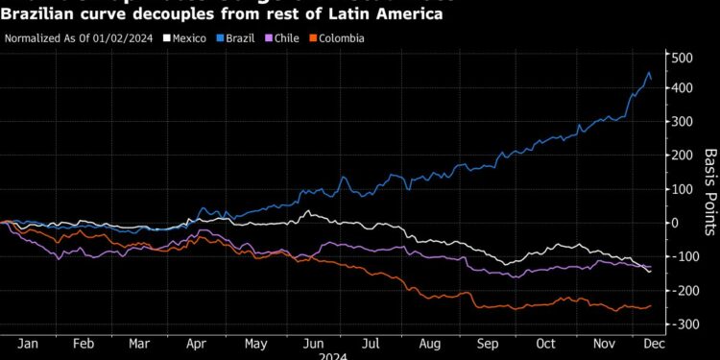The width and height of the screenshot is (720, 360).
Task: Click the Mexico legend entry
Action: (x=188, y=38)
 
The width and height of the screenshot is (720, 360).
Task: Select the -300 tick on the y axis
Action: (x=683, y=324)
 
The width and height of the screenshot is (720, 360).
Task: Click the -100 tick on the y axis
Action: (x=683, y=256)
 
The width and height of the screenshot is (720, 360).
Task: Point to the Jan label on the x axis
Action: (x=27, y=343)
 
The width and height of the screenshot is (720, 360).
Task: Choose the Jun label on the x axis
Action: (x=311, y=343)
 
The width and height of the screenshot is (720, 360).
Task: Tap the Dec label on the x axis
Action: (x=655, y=343)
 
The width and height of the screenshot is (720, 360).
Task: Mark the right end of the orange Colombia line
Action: (x=651, y=306)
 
